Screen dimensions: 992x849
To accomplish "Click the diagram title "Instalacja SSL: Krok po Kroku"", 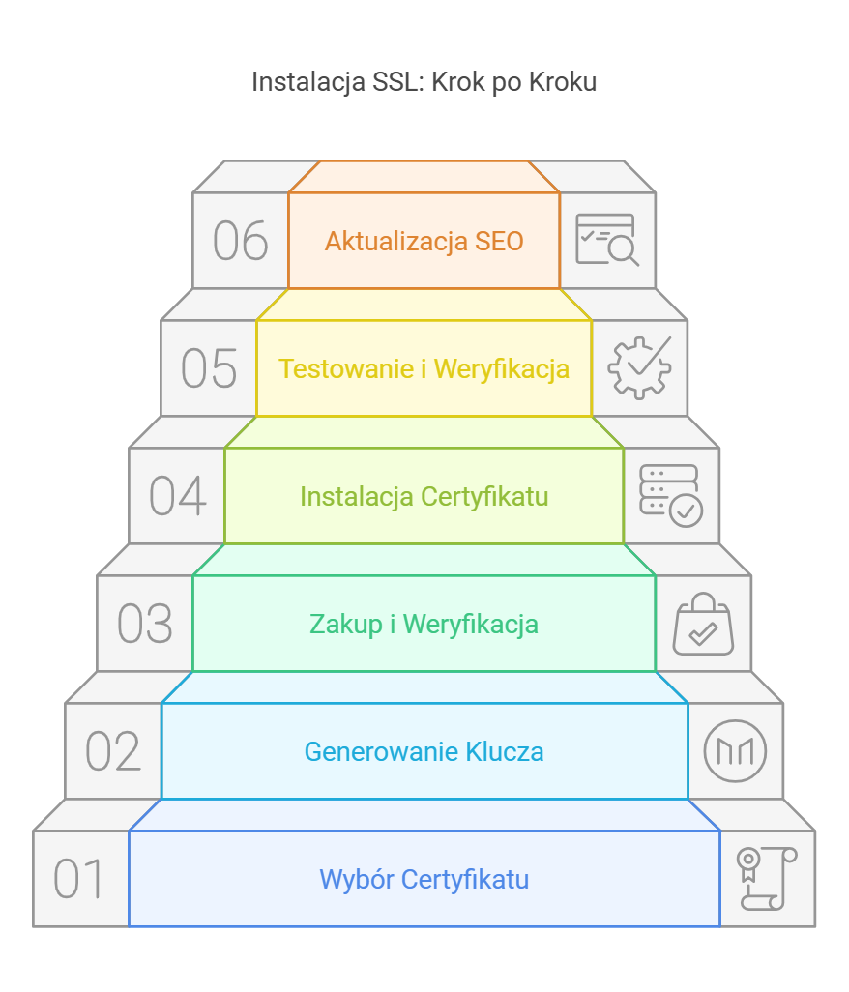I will (424, 81).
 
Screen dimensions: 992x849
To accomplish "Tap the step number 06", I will (240, 241).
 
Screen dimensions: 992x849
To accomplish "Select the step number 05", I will (208, 368).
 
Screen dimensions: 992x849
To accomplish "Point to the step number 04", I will (177, 496).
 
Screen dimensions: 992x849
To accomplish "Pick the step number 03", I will (144, 624).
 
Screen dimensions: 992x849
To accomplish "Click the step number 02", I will (113, 751).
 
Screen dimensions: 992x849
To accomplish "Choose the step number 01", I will (79, 879).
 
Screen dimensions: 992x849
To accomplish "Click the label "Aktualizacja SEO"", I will (424, 241).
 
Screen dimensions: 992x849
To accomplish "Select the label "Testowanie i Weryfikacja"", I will (424, 368).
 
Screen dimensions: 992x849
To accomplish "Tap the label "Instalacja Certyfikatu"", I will (424, 496).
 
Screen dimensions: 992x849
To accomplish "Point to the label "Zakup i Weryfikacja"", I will (424, 624).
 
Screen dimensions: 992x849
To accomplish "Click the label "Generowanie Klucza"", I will (424, 751).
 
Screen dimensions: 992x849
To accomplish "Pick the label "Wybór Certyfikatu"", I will (424, 879).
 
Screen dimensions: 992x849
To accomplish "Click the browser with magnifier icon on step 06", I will (607, 240).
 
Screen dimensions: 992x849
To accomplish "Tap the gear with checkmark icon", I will (639, 367).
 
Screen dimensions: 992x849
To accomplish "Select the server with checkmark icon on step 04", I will (671, 495).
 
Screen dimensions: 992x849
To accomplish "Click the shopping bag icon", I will (703, 624).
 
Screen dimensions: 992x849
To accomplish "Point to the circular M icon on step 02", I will (735, 751).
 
